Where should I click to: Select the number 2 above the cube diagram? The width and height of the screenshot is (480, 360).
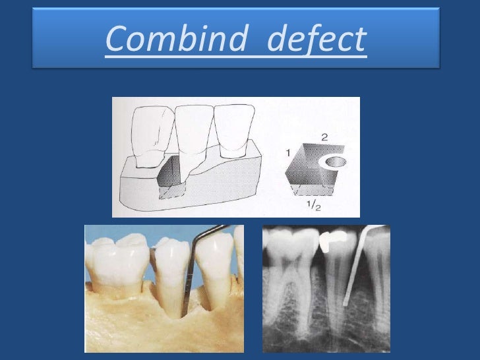coord(324,137)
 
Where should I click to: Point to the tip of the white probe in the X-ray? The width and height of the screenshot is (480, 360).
coord(344,304)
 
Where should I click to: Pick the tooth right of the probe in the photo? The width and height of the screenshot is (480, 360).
coord(214,267)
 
